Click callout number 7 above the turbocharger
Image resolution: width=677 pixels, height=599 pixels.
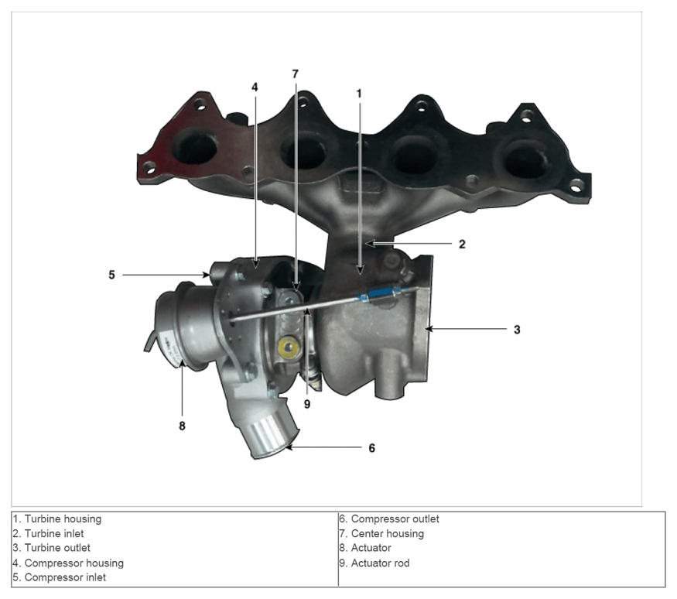point(296,74)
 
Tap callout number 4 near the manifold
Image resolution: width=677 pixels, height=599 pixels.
point(255,87)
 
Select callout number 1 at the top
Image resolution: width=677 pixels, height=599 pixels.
point(359,94)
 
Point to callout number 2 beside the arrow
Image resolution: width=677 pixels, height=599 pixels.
point(462,245)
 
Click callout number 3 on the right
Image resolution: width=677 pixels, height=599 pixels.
point(517,330)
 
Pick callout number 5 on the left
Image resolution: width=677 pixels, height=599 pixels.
point(112,275)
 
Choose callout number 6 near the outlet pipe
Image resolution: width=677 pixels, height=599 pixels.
point(371,448)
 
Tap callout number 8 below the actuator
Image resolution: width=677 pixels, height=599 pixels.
point(182,426)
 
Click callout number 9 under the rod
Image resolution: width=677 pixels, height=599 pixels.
point(307,404)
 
